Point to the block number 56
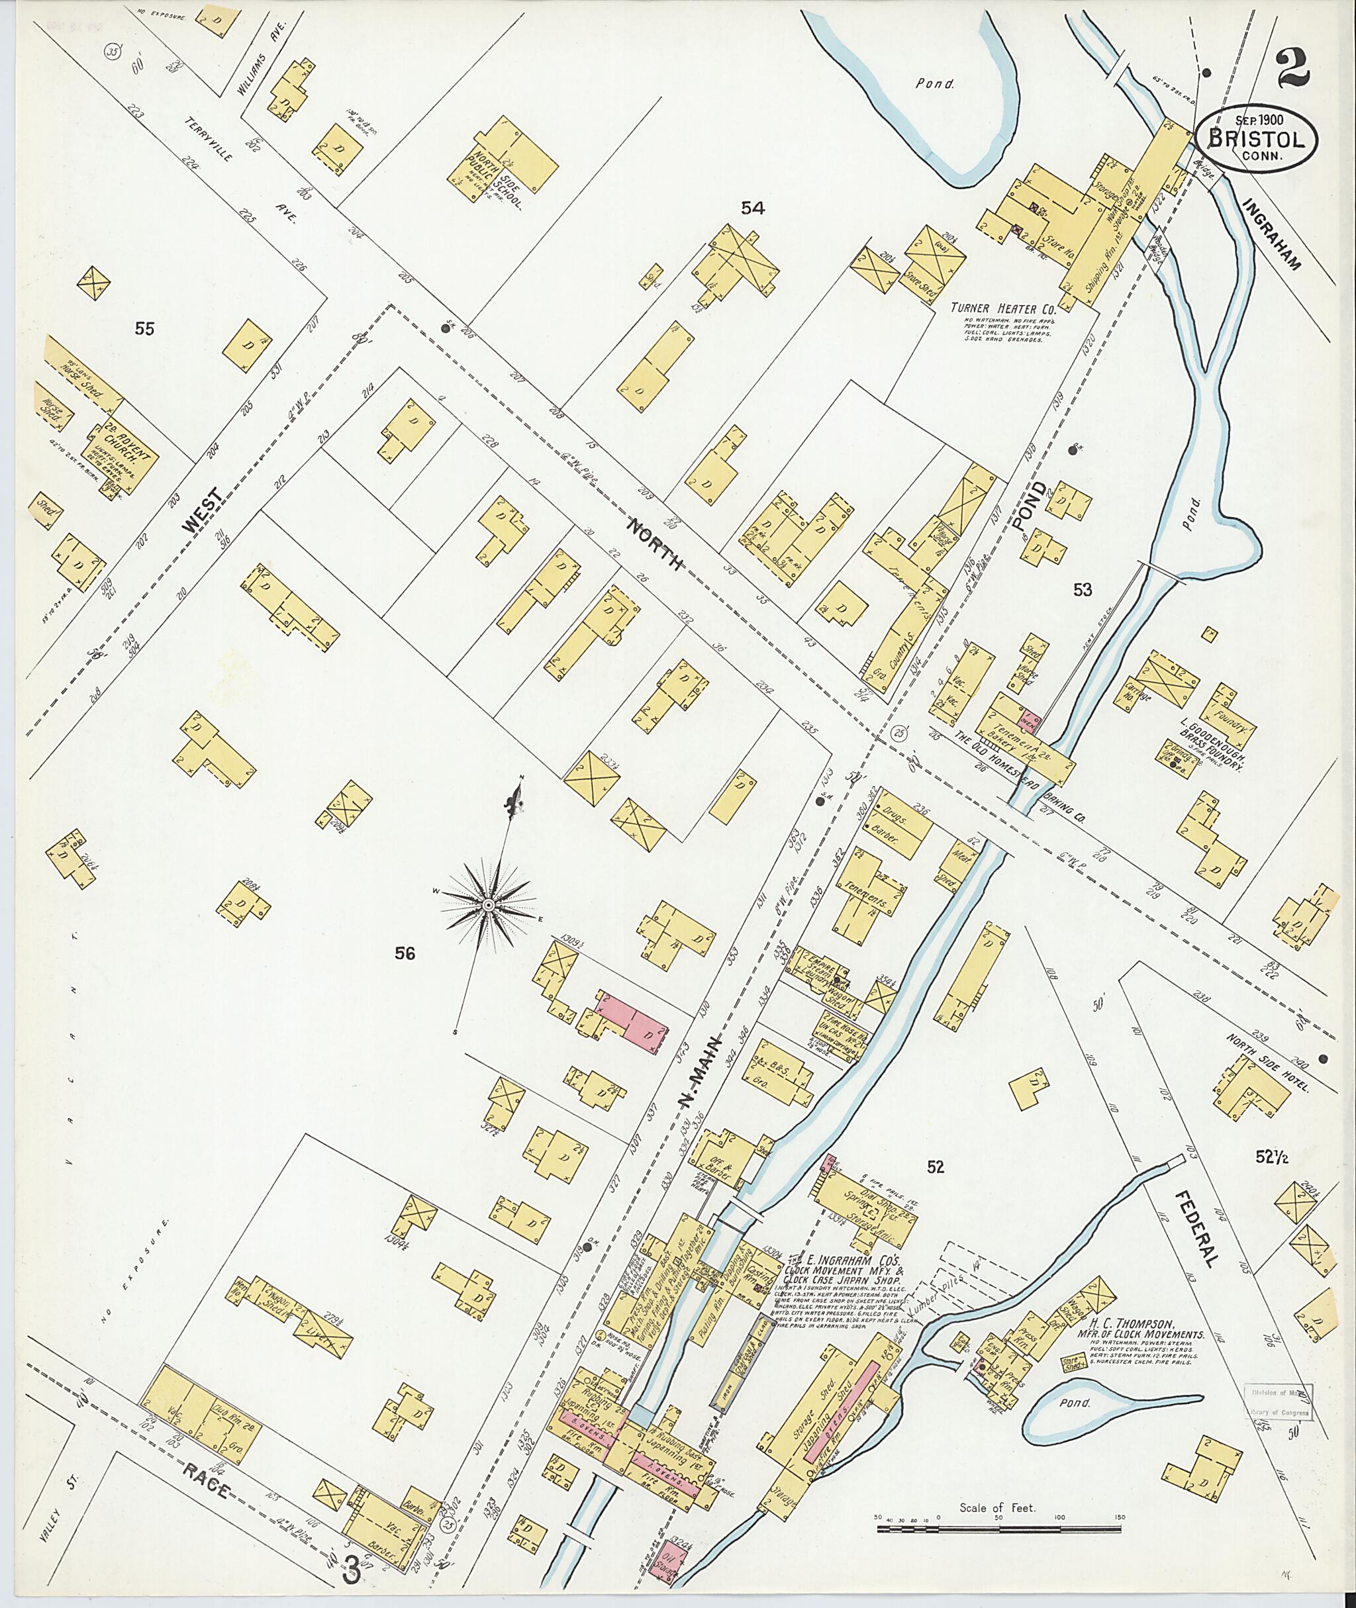point(405,954)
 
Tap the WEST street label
point(205,512)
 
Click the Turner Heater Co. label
point(1002,308)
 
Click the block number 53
point(1083,590)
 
